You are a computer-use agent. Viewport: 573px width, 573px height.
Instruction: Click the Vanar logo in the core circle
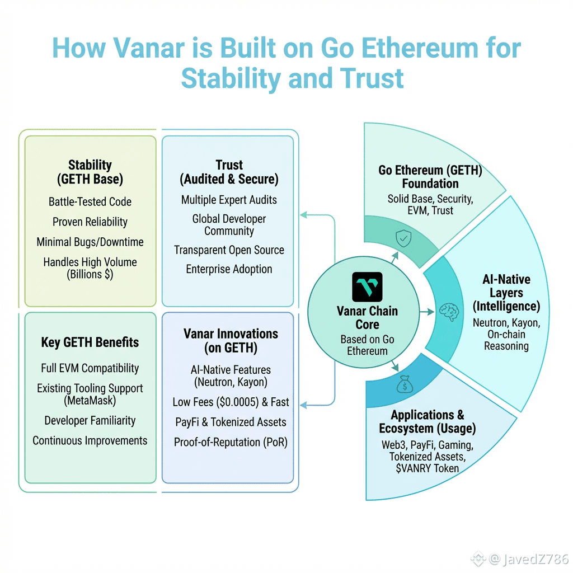pos(367,287)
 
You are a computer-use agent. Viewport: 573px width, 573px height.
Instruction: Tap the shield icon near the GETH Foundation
pos(403,239)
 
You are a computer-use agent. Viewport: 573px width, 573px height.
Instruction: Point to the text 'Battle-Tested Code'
pos(90,201)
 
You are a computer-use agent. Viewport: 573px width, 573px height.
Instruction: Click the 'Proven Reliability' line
pos(90,222)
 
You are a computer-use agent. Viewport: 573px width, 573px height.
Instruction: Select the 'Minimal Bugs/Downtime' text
pos(90,242)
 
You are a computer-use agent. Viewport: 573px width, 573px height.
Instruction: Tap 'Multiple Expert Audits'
pos(229,199)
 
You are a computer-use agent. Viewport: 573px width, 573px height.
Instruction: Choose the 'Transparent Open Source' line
pos(229,250)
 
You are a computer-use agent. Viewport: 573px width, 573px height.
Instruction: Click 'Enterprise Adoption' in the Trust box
pos(229,269)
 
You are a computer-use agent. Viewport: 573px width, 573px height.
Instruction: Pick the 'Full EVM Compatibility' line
pos(90,368)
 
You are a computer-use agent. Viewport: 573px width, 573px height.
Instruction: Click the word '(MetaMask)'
pos(90,400)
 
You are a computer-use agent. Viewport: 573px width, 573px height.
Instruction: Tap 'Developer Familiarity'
pos(90,420)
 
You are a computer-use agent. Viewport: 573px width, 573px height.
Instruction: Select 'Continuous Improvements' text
pos(90,440)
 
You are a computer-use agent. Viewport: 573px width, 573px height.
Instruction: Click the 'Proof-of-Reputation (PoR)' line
pos(231,442)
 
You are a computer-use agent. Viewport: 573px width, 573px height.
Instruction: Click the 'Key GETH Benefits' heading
pos(90,342)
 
